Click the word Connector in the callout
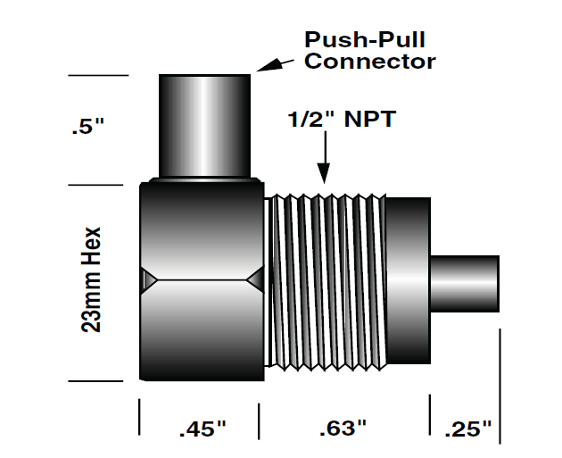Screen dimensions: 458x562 370,62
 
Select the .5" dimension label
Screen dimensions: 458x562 88,128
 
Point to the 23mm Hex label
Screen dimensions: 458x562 91,279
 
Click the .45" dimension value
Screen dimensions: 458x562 202,429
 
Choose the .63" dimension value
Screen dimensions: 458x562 343,429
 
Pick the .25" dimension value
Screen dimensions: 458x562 468,429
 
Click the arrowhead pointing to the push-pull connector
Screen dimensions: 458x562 268,65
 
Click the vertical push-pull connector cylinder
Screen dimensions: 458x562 204,125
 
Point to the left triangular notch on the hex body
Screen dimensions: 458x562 148,280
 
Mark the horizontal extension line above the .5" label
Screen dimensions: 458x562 97,75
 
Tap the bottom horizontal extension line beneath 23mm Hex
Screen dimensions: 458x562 97,381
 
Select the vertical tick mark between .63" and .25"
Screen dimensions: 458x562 430,416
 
